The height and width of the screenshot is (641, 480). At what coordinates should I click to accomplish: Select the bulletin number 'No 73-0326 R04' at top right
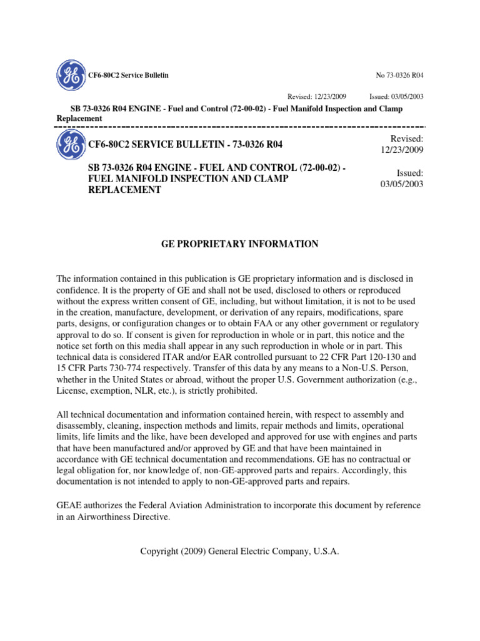click(x=399, y=75)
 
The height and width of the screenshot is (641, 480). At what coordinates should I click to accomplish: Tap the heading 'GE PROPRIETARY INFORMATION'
click(x=240, y=244)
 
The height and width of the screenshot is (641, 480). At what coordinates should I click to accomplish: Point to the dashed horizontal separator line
click(x=240, y=127)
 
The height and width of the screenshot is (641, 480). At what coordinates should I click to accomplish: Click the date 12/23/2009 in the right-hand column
click(x=402, y=150)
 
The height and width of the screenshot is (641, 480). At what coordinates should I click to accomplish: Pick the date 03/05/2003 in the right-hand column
click(x=402, y=185)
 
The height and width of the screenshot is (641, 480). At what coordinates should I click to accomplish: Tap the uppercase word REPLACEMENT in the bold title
click(x=125, y=190)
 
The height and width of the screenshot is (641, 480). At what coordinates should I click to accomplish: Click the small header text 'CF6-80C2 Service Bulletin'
click(x=128, y=75)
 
